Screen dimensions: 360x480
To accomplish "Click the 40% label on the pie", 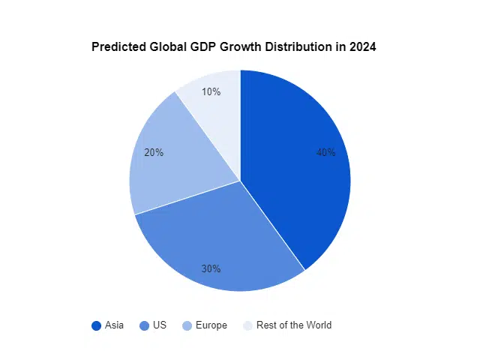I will pyautogui.click(x=325, y=152).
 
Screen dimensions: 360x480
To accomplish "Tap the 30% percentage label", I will pyautogui.click(x=211, y=268).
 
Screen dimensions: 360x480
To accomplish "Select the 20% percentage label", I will pyautogui.click(x=154, y=152).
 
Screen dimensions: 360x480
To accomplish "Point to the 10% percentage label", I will pyautogui.click(x=211, y=91).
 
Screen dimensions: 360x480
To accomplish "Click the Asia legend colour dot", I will pyautogui.click(x=96, y=325).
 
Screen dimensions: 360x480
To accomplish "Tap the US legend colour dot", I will pyautogui.click(x=144, y=325).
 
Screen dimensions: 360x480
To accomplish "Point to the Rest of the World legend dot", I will pyautogui.click(x=247, y=325).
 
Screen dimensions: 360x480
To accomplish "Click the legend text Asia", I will pyautogui.click(x=114, y=325).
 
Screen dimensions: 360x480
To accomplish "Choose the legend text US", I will pyautogui.click(x=159, y=325).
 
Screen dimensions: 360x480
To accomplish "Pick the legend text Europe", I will pyautogui.click(x=212, y=325).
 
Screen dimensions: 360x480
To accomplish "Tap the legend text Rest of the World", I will pyautogui.click(x=294, y=325).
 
